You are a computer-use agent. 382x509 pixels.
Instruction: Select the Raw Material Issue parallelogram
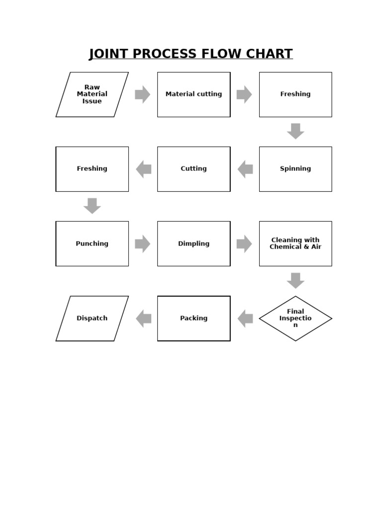point(92,94)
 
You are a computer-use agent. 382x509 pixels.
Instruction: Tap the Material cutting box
point(193,94)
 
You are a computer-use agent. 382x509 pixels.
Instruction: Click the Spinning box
point(295,169)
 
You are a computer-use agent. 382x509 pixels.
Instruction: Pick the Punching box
point(92,244)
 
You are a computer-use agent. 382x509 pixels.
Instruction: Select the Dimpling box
point(193,244)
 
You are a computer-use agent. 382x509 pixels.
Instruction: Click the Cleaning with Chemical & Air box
point(295,244)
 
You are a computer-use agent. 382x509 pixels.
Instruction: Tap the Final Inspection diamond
point(295,318)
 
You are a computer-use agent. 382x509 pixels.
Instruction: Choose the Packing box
point(193,318)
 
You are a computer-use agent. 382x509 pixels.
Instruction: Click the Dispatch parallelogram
point(92,318)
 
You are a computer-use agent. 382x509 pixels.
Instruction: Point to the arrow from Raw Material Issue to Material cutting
point(143,94)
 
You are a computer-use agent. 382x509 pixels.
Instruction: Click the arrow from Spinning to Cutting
point(245,169)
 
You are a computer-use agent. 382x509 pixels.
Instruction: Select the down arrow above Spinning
point(295,131)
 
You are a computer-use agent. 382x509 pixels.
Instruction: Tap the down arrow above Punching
point(92,206)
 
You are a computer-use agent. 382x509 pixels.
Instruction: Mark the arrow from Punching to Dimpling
point(143,244)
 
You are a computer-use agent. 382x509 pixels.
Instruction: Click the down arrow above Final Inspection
point(295,280)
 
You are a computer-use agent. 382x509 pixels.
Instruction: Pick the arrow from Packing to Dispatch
point(143,318)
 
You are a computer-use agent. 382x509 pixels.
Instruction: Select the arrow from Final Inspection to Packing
point(245,318)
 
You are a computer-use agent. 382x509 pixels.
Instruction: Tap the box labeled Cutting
point(193,169)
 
